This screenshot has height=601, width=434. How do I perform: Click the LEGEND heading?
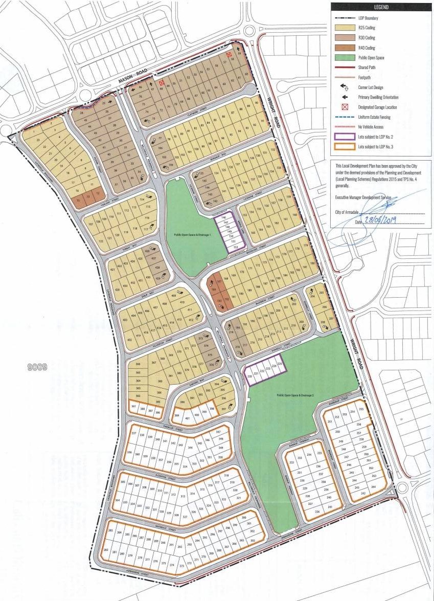[381, 7]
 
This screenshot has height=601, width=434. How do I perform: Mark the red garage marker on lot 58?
[229, 54]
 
